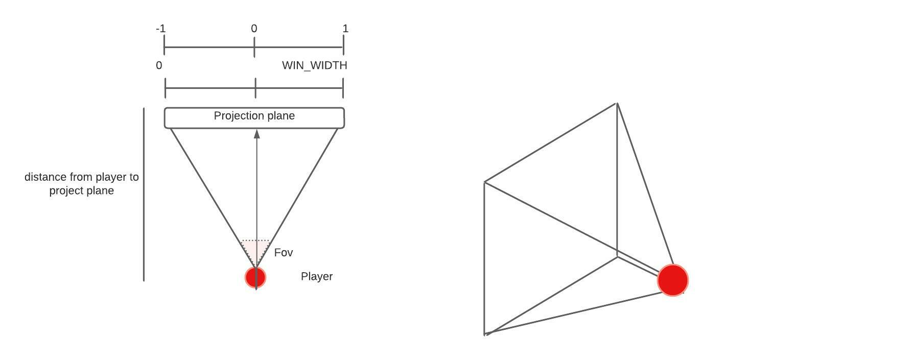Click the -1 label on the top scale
[160, 29]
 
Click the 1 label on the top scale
[345, 29]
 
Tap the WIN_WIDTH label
[315, 65]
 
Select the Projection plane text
[254, 116]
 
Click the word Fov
[284, 253]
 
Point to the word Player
[317, 277]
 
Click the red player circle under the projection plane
[255, 277]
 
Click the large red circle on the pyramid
[673, 280]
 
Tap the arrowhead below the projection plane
[257, 134]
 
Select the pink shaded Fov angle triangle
[256, 249]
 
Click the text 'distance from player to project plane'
[82, 184]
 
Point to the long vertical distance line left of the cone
[144, 195]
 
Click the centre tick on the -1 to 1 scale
[254, 48]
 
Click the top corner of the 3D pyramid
[617, 103]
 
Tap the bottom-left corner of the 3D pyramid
[485, 334]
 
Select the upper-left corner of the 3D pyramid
[485, 182]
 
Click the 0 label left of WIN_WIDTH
[159, 65]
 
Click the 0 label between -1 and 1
[254, 29]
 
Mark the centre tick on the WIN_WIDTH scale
[255, 88]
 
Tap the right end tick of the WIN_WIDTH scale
[343, 88]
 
